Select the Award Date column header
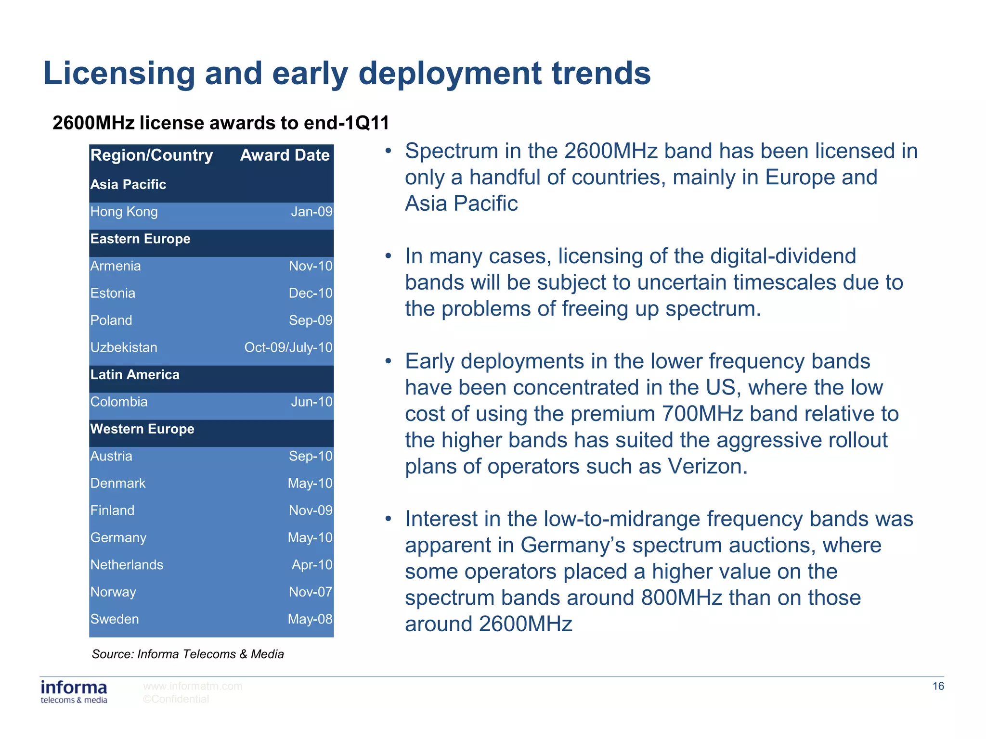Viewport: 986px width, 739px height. point(285,155)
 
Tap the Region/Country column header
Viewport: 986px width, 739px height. point(152,155)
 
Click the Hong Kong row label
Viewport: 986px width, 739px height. point(124,212)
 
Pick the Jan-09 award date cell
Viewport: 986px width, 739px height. point(311,212)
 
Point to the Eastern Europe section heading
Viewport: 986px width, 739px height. point(141,239)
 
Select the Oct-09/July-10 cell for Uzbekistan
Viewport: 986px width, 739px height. point(288,347)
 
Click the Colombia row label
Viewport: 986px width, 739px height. point(119,402)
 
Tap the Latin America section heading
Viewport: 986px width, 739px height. point(135,375)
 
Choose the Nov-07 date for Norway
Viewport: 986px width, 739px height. point(311,592)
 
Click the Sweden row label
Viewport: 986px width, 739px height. point(115,619)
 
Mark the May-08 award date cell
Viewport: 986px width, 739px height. point(310,619)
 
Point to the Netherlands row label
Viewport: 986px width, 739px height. point(127,565)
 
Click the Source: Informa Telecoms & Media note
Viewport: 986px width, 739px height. point(188,654)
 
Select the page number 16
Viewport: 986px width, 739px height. point(938,687)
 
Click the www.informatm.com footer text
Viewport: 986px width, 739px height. point(193,687)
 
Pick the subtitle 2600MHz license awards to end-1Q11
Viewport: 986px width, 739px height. point(221,123)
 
